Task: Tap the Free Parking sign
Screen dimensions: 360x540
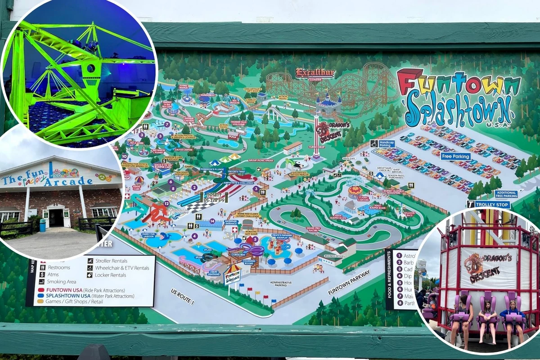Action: pyautogui.click(x=455, y=156)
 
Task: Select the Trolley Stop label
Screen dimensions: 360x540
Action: pyautogui.click(x=488, y=204)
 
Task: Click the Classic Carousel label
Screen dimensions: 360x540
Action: pyautogui.click(x=363, y=198)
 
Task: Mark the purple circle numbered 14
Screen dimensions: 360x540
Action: pyautogui.click(x=212, y=221)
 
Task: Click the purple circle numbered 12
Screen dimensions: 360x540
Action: pyautogui.click(x=166, y=203)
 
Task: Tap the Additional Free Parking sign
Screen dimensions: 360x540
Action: pyautogui.click(x=506, y=194)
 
